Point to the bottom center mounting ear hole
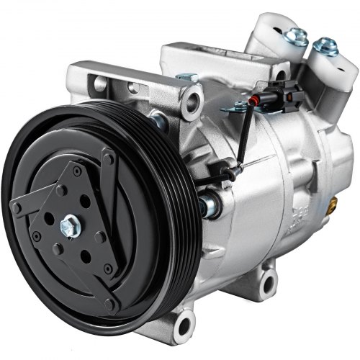pos(269,279)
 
